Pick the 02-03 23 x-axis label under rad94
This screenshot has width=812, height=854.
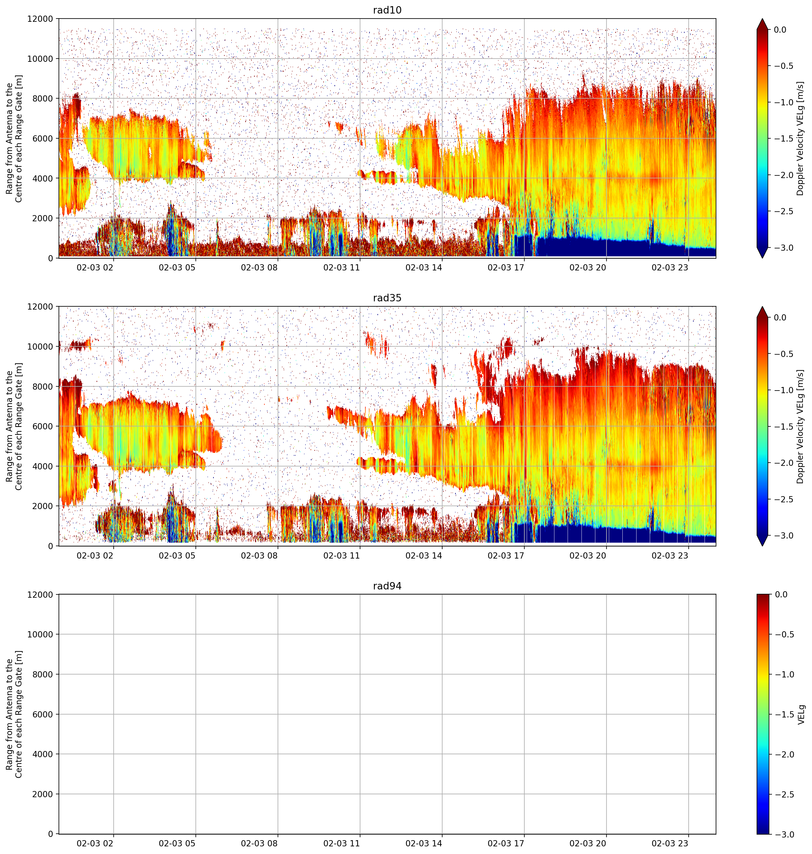tap(670, 843)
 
